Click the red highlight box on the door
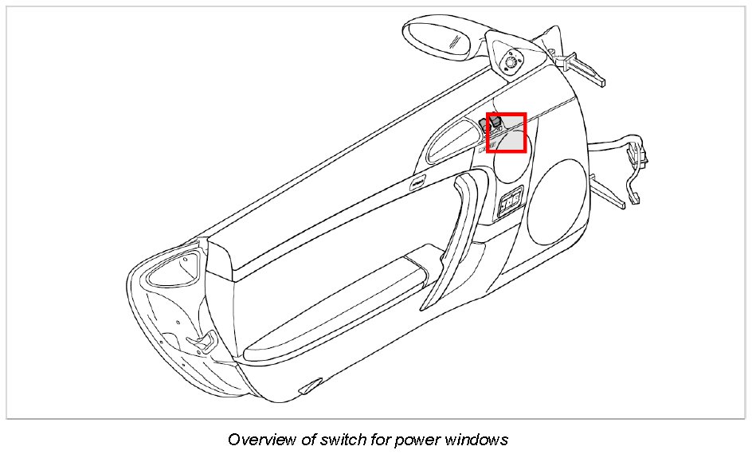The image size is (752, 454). [x=507, y=133]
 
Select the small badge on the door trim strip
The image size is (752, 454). [x=417, y=182]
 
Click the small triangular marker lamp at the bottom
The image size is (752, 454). [x=305, y=388]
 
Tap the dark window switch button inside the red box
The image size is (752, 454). [x=494, y=122]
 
